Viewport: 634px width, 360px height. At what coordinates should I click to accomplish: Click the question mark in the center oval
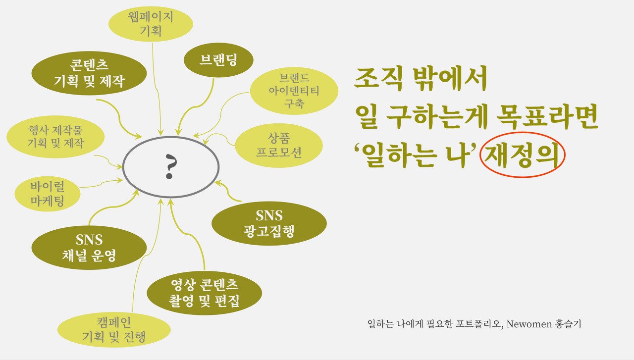(171, 167)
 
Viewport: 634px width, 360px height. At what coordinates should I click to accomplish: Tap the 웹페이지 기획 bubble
(151, 24)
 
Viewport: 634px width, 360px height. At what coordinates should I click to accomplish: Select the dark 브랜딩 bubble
(218, 60)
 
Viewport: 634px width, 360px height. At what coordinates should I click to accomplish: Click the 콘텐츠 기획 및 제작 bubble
(89, 73)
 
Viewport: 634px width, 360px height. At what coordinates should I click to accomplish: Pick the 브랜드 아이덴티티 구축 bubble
(294, 91)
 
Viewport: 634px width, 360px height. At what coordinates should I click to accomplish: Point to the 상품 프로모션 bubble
(279, 146)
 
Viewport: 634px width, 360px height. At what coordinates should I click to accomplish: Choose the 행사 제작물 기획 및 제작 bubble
(55, 137)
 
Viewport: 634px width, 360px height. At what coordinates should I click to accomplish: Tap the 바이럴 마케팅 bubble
(48, 194)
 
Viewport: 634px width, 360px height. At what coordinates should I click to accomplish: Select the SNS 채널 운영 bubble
(89, 248)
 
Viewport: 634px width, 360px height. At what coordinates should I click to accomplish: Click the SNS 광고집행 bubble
(269, 223)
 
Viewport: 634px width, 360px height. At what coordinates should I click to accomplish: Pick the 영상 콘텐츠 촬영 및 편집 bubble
(205, 293)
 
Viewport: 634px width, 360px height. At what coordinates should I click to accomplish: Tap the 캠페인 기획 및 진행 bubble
(114, 330)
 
